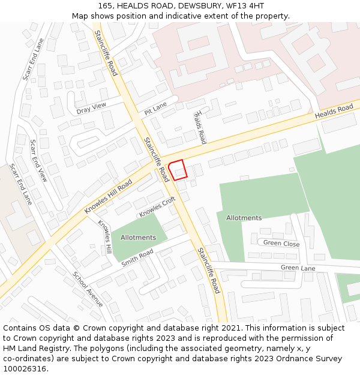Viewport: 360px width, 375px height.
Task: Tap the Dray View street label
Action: pyautogui.click(x=91, y=108)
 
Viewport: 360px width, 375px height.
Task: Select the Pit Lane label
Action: pyautogui.click(x=155, y=109)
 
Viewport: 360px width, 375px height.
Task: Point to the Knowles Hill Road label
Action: pyautogui.click(x=108, y=196)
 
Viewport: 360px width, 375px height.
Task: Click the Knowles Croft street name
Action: pyautogui.click(x=157, y=208)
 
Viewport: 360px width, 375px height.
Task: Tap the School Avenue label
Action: pyautogui.click(x=88, y=289)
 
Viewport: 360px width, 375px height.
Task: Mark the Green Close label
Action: pyautogui.click(x=281, y=243)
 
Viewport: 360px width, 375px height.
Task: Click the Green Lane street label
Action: pyautogui.click(x=298, y=268)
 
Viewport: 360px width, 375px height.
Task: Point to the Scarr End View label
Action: pyautogui.click(x=38, y=161)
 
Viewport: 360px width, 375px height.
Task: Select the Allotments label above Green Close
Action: pyautogui.click(x=244, y=218)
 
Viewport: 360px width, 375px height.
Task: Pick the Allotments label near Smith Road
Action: pyautogui.click(x=139, y=238)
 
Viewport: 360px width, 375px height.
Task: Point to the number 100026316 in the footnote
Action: pyautogui.click(x=24, y=369)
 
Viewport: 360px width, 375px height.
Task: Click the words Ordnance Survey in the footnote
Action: pyautogui.click(x=309, y=359)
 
